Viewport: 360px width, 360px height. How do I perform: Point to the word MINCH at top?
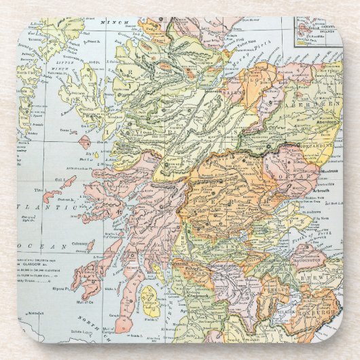(109, 22)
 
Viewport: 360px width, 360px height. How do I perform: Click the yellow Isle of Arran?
(150, 302)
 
